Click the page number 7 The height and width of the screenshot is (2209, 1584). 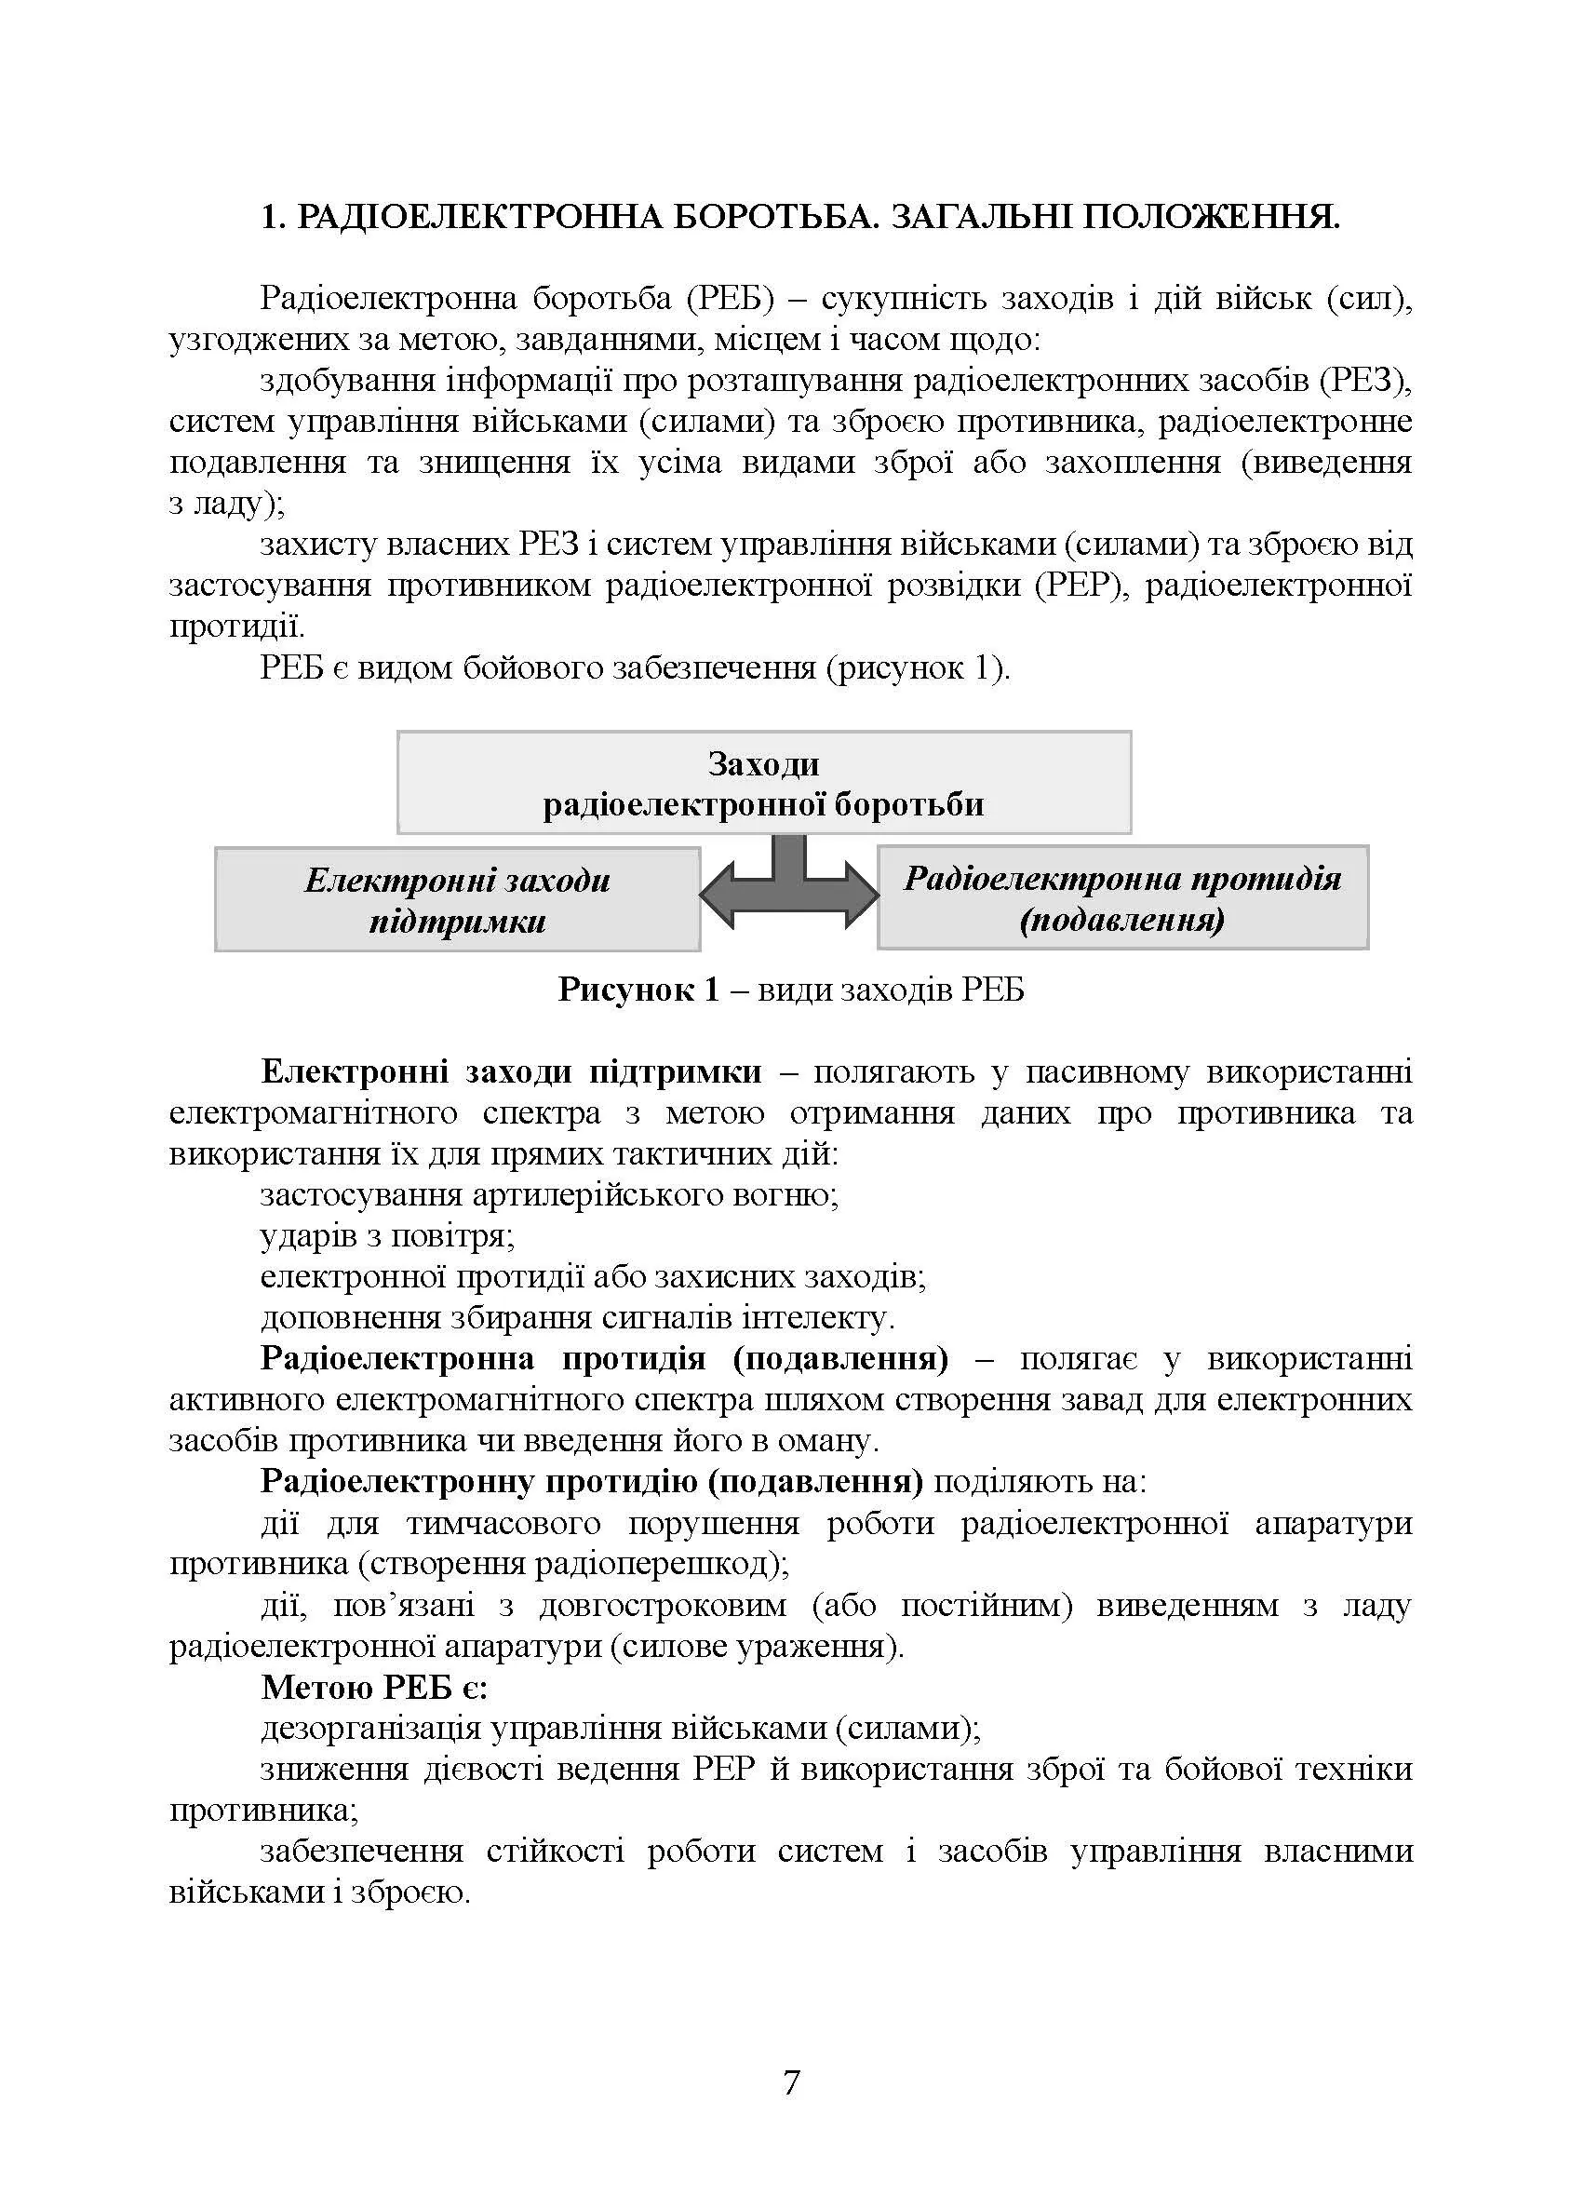pos(790,2082)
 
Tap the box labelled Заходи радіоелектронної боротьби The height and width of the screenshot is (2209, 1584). pos(763,782)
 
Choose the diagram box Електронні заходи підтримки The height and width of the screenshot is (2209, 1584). pos(457,899)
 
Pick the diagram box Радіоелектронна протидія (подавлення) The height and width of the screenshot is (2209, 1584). pos(1121,897)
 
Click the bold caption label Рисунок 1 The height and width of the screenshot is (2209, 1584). pos(638,990)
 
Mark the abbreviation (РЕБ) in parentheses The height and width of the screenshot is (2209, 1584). pos(731,299)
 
